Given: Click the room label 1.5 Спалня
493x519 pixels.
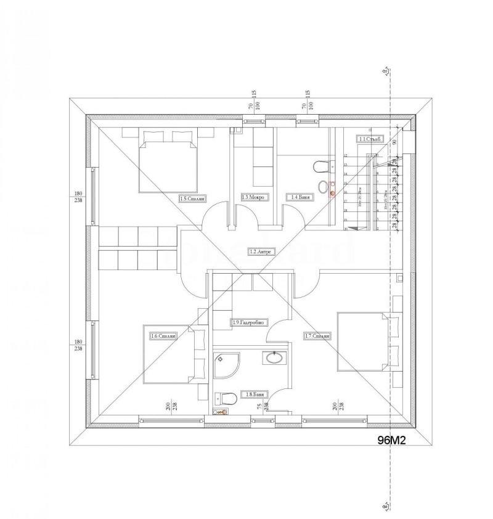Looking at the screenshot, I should coord(192,198).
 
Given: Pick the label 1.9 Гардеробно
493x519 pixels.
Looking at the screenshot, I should coord(249,322).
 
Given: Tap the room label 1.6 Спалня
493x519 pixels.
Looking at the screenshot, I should coord(164,336).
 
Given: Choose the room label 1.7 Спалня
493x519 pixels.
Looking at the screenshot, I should coord(318,336).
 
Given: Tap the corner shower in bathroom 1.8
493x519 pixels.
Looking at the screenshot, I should coord(226,365).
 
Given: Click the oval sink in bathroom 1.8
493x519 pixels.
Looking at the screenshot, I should coord(272,358).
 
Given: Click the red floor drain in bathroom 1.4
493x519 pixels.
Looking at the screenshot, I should coord(332,194).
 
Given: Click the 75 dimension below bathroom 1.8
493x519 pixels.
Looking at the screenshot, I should coord(259,406).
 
